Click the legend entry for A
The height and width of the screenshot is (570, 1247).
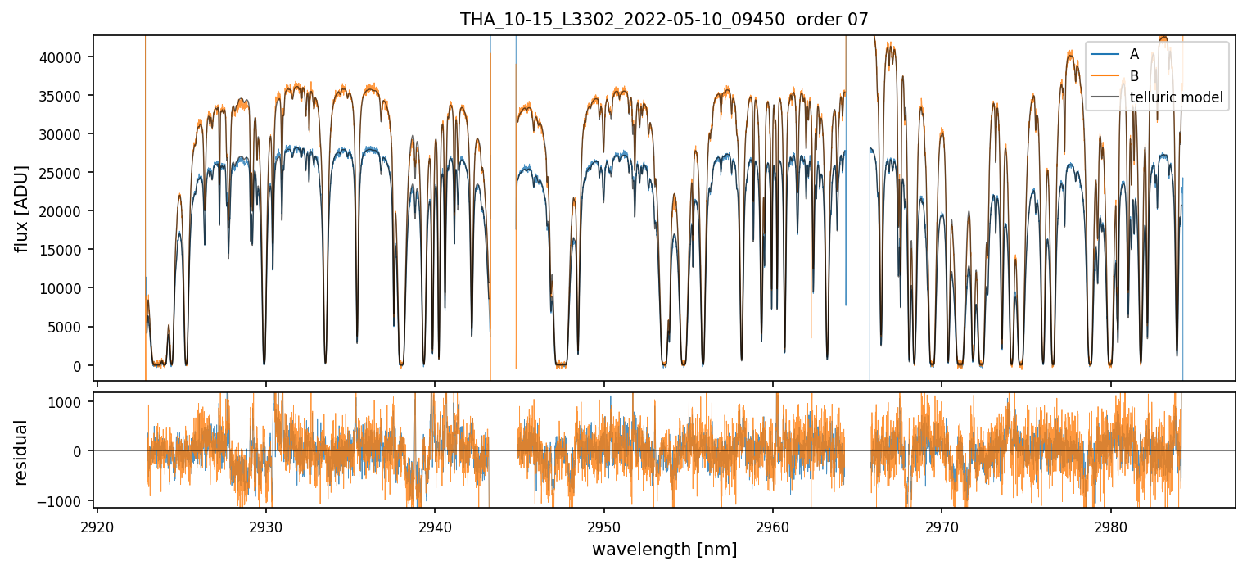1134,54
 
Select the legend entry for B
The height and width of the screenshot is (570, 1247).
1134,76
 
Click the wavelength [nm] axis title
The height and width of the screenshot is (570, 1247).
664,550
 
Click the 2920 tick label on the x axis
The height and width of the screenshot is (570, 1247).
97,525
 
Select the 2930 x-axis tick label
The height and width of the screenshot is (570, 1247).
266,525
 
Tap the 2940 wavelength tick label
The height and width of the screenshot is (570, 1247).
435,525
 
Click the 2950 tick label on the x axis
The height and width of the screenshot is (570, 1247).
604,525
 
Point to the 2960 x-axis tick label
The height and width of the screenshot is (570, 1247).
773,525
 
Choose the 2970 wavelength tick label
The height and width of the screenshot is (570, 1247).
942,525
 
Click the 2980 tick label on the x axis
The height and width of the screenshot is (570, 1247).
1110,525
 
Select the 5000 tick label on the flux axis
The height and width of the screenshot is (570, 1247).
69,328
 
